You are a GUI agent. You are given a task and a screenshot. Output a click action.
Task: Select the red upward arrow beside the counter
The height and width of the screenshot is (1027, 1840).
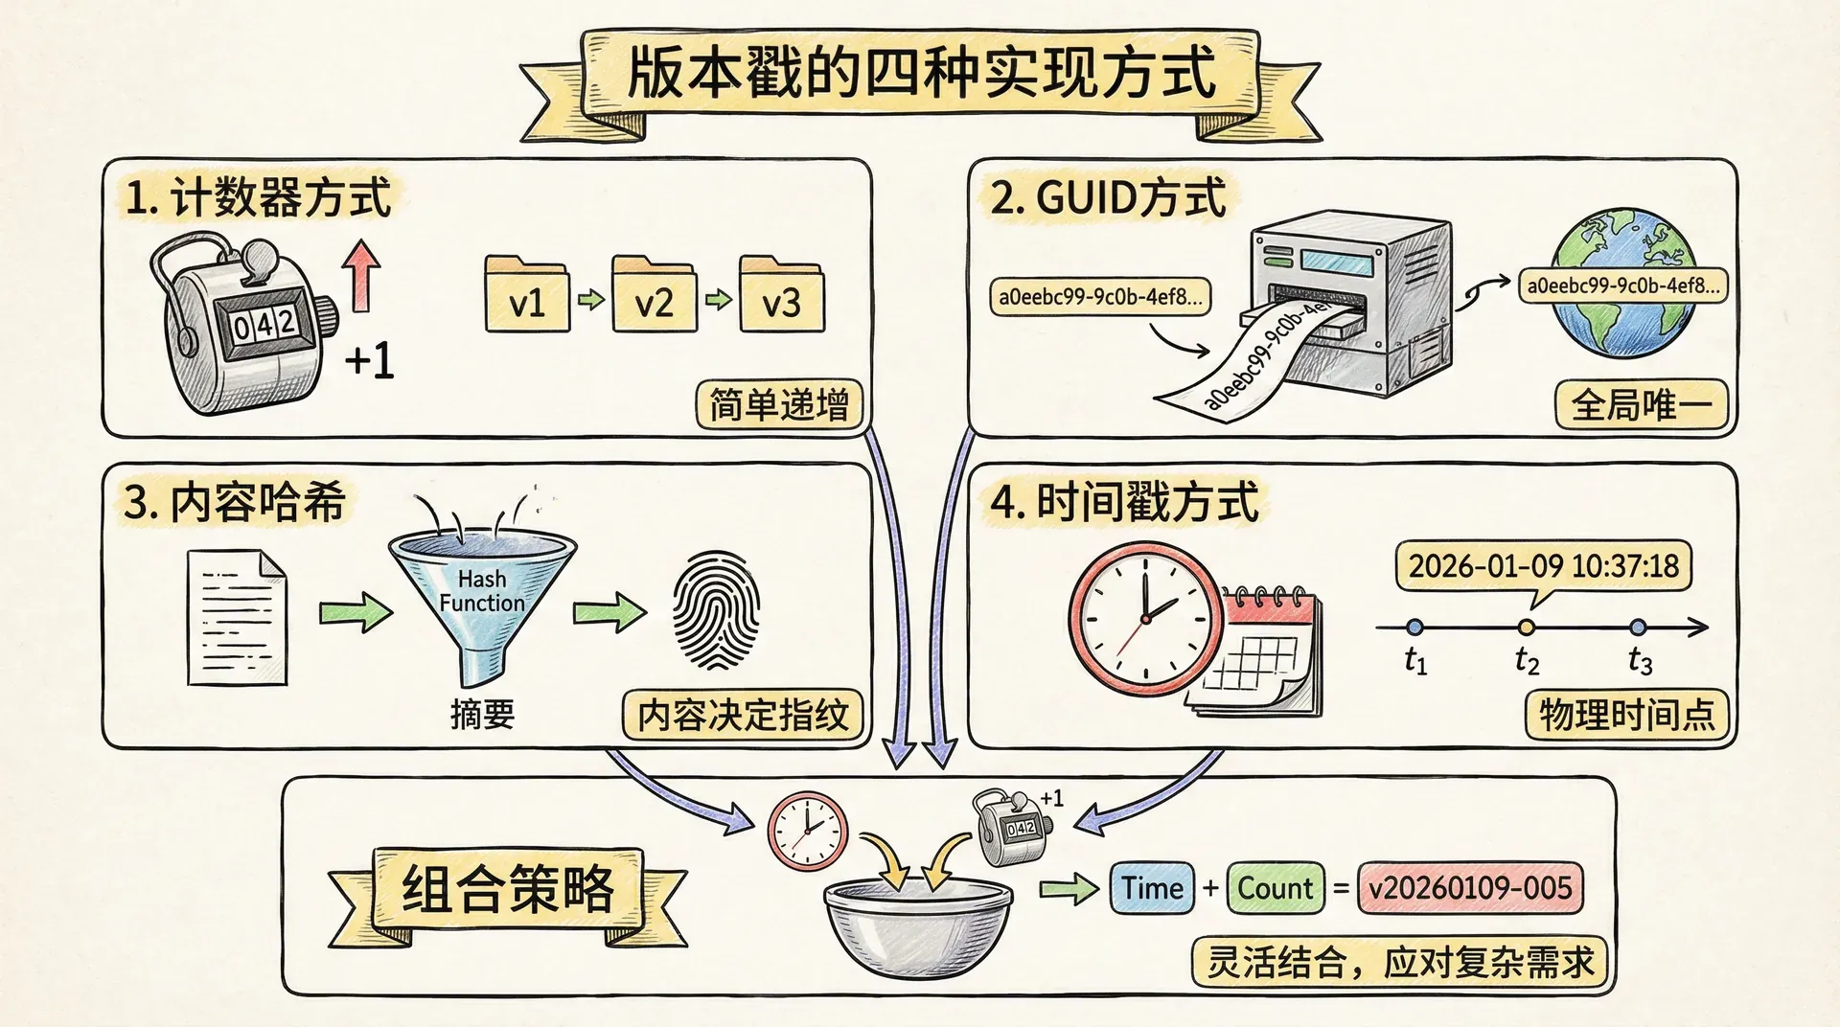point(362,275)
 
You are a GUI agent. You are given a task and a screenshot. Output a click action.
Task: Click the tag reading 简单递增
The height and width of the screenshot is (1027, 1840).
point(778,405)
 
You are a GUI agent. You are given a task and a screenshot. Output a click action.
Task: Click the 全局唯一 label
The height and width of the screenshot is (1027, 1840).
point(1641,404)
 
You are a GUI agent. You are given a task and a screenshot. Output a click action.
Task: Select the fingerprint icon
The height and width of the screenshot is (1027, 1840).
point(716,610)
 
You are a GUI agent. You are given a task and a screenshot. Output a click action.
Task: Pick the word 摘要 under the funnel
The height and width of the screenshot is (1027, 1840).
point(482,714)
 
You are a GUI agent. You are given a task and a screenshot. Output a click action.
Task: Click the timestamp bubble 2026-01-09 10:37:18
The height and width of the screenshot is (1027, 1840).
point(1543,565)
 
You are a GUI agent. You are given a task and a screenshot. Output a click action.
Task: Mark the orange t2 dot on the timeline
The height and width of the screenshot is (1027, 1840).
point(1527,628)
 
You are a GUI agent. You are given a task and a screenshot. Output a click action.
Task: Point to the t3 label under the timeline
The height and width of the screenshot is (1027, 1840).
point(1640,661)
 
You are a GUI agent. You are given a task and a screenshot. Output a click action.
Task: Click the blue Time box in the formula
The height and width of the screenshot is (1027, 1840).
point(1152,888)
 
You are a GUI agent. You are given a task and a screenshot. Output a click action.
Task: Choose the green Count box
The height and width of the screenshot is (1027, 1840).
point(1275,888)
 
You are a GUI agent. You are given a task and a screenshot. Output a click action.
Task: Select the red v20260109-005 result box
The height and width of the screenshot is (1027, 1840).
point(1470,888)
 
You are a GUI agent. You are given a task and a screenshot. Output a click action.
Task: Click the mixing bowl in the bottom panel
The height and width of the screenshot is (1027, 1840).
point(917,924)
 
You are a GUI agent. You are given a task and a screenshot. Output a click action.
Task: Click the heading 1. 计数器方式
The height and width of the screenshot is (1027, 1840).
point(259,198)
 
